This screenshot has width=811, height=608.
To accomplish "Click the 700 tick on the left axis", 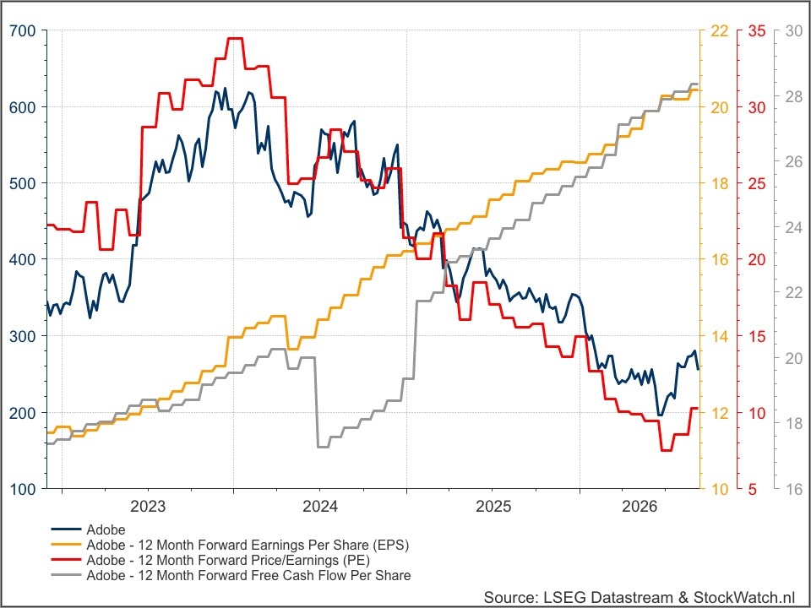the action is point(23,31).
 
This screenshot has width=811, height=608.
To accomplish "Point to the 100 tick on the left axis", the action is point(23,489).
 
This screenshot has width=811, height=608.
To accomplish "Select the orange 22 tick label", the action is point(720,31).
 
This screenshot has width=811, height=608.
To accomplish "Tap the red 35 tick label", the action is point(757,31).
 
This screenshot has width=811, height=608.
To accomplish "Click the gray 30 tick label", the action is point(794,31).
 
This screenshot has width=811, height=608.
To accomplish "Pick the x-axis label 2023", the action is point(148,506).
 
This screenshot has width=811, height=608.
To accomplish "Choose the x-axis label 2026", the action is point(640,506).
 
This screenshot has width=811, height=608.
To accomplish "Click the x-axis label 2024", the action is point(320,506).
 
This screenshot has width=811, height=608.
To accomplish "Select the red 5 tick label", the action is point(752,489).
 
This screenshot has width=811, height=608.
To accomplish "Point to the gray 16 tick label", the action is point(794,489).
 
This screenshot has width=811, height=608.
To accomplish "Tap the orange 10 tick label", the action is point(720,489).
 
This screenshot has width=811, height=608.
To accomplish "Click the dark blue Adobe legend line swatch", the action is point(66,529).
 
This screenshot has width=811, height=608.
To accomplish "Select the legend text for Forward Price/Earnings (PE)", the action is point(228,560).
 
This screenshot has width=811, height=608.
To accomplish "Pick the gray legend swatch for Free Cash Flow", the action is point(66,575).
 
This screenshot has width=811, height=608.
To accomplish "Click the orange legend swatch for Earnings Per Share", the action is point(66,545).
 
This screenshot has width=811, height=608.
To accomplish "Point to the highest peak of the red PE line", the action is point(234,38).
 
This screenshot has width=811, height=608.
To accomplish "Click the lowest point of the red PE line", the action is point(667,450).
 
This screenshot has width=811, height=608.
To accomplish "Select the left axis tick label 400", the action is point(23,259).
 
